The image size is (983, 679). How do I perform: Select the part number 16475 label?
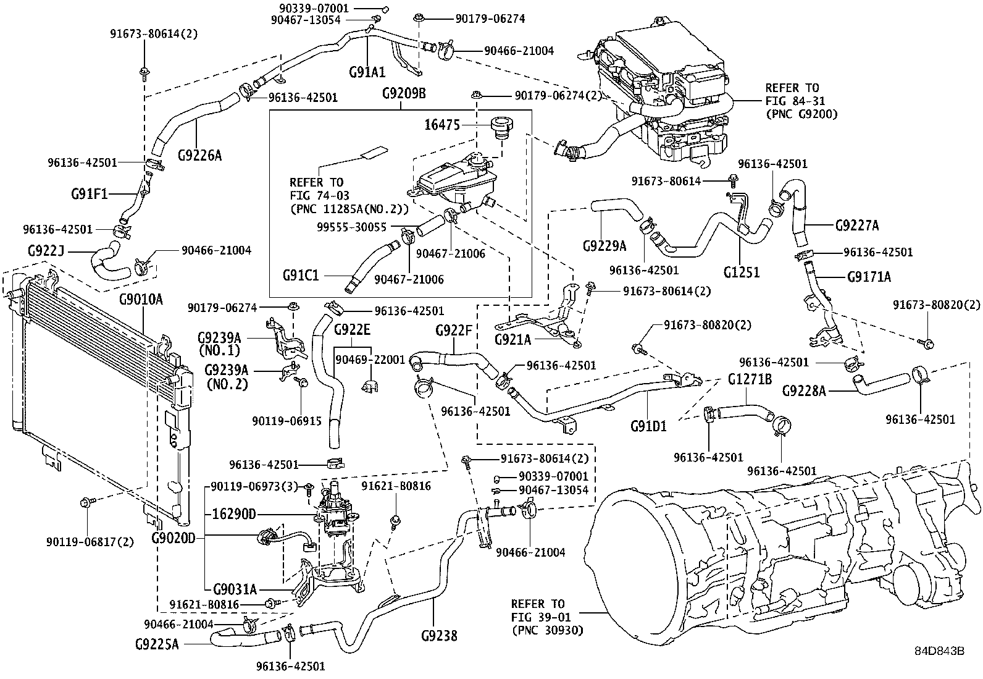coord(442,125)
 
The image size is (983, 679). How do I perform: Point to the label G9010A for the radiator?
coord(141,300)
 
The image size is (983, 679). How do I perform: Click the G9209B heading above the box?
coord(403,94)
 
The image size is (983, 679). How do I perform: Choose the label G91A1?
coord(367,72)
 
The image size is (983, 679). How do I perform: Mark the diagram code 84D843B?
coord(939,651)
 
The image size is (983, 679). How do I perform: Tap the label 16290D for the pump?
coord(234,514)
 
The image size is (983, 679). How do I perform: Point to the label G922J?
coord(46,251)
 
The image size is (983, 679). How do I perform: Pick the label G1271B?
coord(750,379)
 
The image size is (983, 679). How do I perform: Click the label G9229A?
coord(604,247)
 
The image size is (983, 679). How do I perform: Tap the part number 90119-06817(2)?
coord(90,542)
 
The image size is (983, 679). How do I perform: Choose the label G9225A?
coord(157,644)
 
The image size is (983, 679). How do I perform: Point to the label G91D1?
coord(648,426)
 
